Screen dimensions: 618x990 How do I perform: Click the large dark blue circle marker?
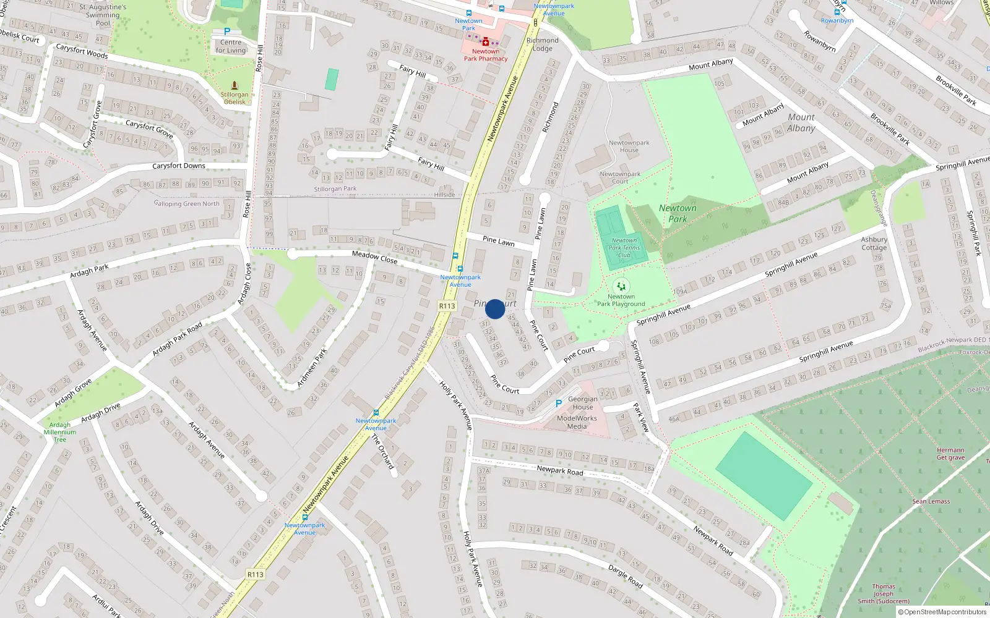pyautogui.click(x=495, y=309)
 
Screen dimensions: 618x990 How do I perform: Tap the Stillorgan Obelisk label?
pyautogui.click(x=235, y=98)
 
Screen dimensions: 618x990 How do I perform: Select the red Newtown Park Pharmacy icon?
pyautogui.click(x=486, y=42)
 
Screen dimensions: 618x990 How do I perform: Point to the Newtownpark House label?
pyautogui.click(x=629, y=146)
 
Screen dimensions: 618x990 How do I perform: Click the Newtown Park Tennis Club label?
pyautogui.click(x=624, y=248)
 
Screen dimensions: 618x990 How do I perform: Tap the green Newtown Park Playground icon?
pyautogui.click(x=621, y=286)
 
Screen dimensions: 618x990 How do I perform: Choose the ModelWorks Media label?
pyautogui.click(x=577, y=422)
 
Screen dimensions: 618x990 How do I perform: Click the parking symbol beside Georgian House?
pyautogui.click(x=559, y=404)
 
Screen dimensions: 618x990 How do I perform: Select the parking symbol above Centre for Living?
pyautogui.click(x=227, y=32)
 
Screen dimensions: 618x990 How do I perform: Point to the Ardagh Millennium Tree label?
pyautogui.click(x=60, y=432)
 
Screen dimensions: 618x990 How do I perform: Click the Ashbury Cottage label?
pyautogui.click(x=874, y=243)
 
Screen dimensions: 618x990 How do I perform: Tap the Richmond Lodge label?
pyautogui.click(x=543, y=44)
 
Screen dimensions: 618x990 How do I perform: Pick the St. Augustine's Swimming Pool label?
pyautogui.click(x=103, y=15)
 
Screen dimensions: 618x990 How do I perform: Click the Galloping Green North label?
pyautogui.click(x=186, y=203)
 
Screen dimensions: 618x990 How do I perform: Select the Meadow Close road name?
pyautogui.click(x=374, y=256)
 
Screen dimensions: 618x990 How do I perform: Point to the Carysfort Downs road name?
pyautogui.click(x=179, y=166)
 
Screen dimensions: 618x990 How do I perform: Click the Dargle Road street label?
pyautogui.click(x=625, y=575)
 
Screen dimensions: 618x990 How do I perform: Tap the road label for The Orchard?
pyautogui.click(x=382, y=451)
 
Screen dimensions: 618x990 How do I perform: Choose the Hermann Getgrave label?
pyautogui.click(x=950, y=454)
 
